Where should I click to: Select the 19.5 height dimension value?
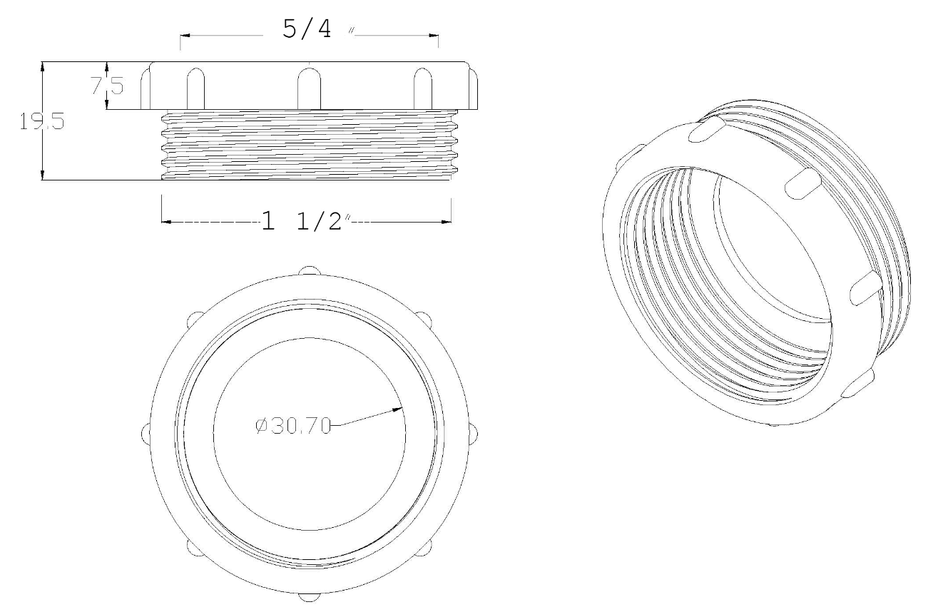[42, 121]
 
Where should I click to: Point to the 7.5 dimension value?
[107, 86]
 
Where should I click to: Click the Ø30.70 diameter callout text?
[293, 426]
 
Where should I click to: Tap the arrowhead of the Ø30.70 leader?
[398, 409]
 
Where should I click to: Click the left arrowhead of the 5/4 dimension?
[185, 36]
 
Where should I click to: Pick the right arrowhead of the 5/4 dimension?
[434, 36]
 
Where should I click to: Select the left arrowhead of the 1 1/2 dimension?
[166, 221]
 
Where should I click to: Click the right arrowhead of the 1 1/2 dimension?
[446, 221]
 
